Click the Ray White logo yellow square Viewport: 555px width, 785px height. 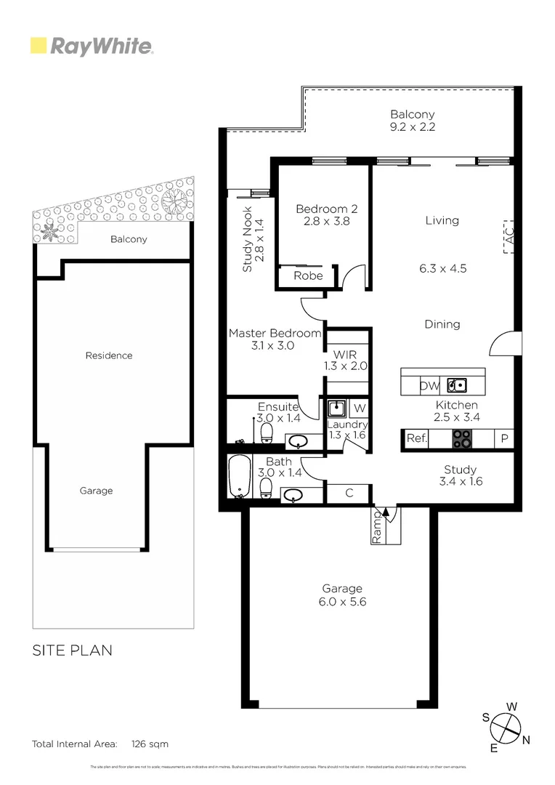39,47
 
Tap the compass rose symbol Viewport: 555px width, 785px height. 506,726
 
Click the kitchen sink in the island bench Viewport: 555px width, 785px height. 457,386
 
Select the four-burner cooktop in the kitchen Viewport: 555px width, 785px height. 462,438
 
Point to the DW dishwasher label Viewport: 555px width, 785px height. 429,386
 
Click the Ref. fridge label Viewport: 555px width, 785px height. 416,438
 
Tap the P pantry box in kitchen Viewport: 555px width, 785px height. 503,438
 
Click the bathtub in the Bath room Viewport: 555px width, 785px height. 238,477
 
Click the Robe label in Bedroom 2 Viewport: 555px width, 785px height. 308,276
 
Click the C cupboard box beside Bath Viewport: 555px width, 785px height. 349,493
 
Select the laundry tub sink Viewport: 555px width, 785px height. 336,408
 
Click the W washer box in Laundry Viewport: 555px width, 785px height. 360,408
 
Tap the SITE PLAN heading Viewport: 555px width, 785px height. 72,650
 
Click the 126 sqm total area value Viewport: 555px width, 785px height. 150,744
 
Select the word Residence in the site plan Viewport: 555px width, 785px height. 109,355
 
